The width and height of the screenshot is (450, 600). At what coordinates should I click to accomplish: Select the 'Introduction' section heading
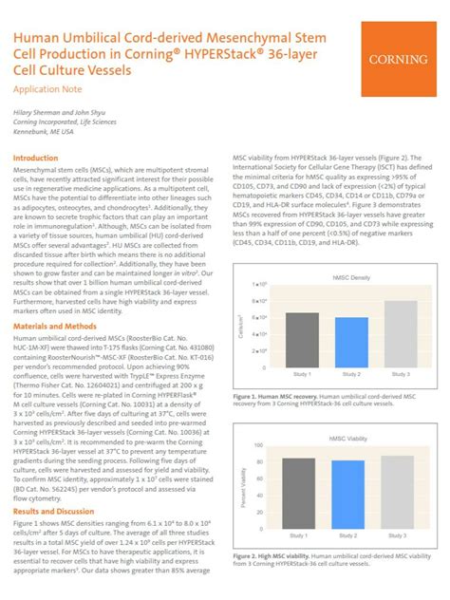(35, 158)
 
